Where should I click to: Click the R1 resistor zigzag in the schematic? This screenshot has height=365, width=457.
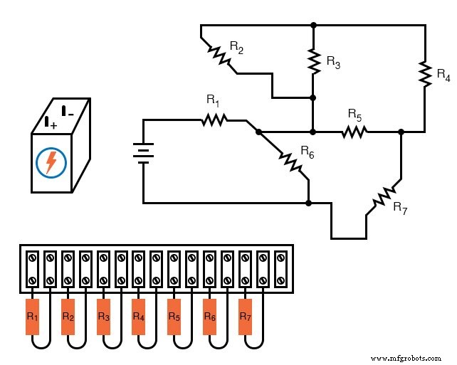pyautogui.click(x=214, y=120)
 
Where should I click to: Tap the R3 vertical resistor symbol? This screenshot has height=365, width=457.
pyautogui.click(x=313, y=60)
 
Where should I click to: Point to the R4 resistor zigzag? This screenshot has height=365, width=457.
pyautogui.click(x=424, y=74)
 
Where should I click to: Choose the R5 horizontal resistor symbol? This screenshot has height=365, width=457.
pyautogui.click(x=354, y=132)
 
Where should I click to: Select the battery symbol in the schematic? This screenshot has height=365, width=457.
pyautogui.click(x=143, y=152)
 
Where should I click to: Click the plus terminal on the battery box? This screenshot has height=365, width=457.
pyautogui.click(x=50, y=122)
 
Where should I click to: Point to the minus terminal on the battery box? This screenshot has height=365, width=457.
pyautogui.click(x=67, y=111)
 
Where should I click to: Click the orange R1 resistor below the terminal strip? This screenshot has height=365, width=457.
pyautogui.click(x=33, y=315)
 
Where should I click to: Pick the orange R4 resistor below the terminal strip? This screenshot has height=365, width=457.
pyautogui.click(x=139, y=315)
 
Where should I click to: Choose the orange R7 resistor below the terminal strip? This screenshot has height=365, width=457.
pyautogui.click(x=246, y=315)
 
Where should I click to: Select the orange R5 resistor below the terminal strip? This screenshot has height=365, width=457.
pyautogui.click(x=174, y=315)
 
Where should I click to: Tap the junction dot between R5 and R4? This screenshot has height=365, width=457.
pyautogui.click(x=401, y=132)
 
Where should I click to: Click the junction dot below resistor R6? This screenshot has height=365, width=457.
pyautogui.click(x=308, y=203)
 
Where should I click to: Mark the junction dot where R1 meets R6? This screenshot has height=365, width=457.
pyautogui.click(x=258, y=132)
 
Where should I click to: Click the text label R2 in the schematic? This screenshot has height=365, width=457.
pyautogui.click(x=237, y=47)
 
